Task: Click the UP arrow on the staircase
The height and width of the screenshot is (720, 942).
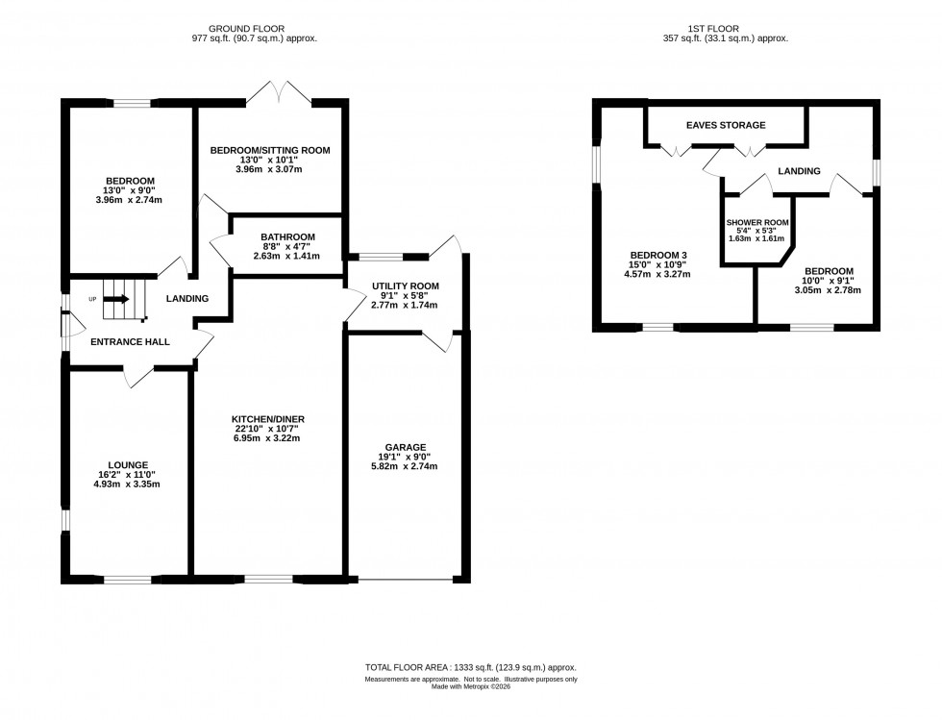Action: pyautogui.click(x=115, y=299)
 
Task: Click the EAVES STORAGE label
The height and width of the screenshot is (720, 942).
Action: pyautogui.click(x=726, y=126)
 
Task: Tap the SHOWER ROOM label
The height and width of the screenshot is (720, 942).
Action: pyautogui.click(x=756, y=222)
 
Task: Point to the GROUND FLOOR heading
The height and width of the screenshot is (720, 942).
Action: pyautogui.click(x=254, y=29)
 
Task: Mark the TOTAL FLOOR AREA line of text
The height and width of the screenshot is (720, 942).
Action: pyautogui.click(x=471, y=667)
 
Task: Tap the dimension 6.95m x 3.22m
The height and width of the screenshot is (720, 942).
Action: pyautogui.click(x=267, y=439)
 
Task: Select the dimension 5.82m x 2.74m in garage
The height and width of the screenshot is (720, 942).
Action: pyautogui.click(x=405, y=466)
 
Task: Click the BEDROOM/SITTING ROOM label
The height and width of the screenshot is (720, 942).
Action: pyautogui.click(x=270, y=150)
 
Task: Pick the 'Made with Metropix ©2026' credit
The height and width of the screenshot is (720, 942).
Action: pyautogui.click(x=471, y=688)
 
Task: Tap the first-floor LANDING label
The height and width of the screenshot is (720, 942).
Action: pyautogui.click(x=800, y=171)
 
